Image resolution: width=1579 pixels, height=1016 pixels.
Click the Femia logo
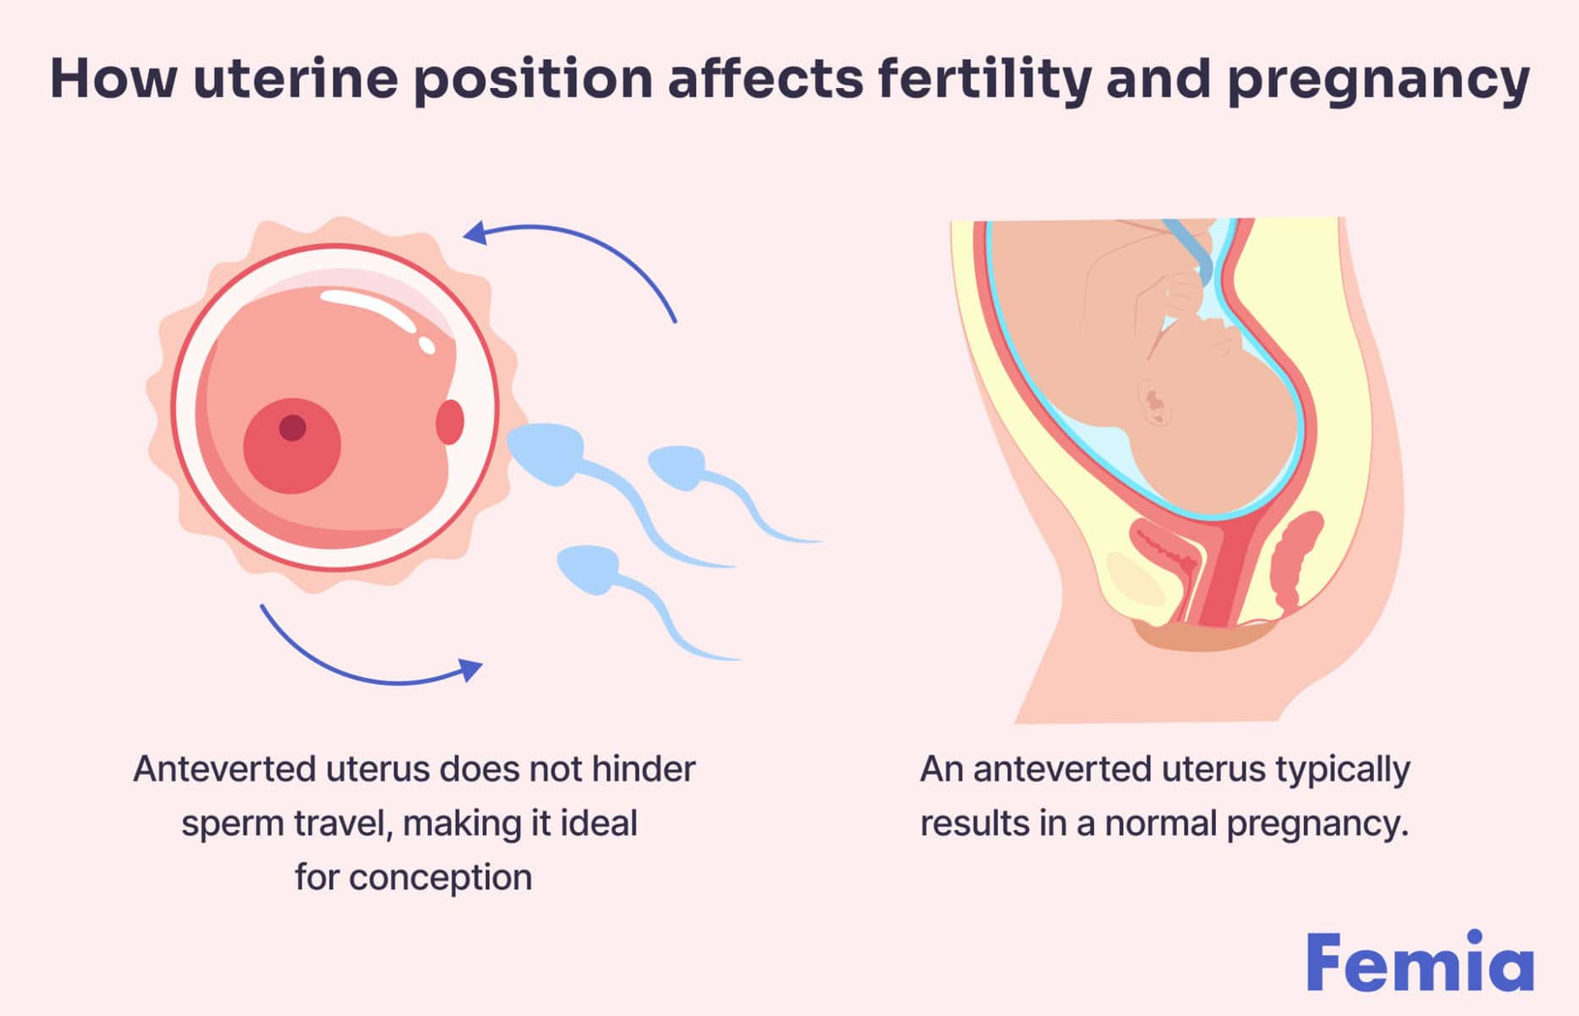(1419, 963)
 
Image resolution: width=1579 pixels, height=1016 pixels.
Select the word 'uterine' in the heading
(295, 79)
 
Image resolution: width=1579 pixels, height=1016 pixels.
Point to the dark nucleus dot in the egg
(293, 428)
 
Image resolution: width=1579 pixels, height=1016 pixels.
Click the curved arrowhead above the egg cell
(476, 232)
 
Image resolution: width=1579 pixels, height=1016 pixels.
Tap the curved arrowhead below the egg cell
(470, 669)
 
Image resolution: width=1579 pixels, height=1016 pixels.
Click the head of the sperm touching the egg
(545, 453)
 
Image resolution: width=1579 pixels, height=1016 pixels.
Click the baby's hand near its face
(1185, 292)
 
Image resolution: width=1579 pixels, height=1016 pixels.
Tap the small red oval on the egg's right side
(450, 422)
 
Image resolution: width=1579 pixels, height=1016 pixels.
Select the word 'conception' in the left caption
(441, 878)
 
